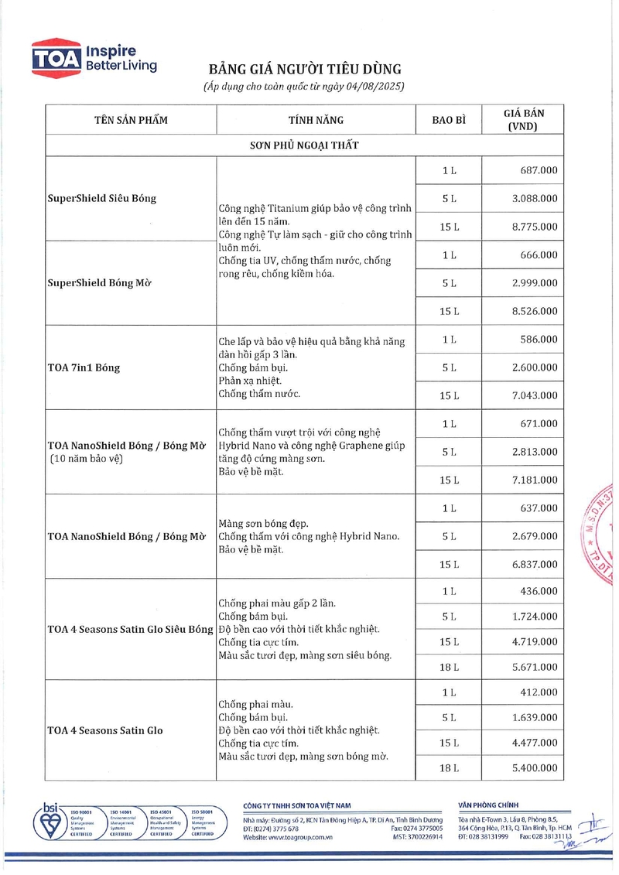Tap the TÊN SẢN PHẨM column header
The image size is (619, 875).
[131, 120]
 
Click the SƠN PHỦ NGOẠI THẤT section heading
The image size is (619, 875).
[303, 145]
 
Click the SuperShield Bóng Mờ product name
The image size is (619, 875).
[99, 282]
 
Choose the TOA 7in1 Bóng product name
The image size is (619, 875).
[84, 367]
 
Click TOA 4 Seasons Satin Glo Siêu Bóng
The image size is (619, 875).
[129, 629]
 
